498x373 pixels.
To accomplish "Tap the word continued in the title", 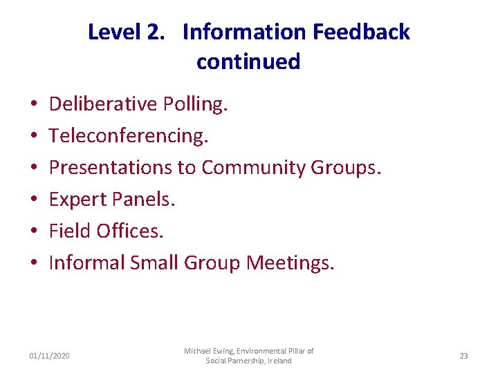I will [x=248, y=62].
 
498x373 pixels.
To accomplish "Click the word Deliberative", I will [x=104, y=104].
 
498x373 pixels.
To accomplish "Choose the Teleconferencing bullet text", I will [x=129, y=136].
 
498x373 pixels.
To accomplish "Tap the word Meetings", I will [x=290, y=262].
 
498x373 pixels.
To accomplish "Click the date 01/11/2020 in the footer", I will [x=49, y=356].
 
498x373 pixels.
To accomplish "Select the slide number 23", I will [x=463, y=356].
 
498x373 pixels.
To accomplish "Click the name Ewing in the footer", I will [x=230, y=352].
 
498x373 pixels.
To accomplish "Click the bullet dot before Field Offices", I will [x=33, y=232].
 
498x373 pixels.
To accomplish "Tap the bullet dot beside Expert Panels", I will [x=33, y=200].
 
